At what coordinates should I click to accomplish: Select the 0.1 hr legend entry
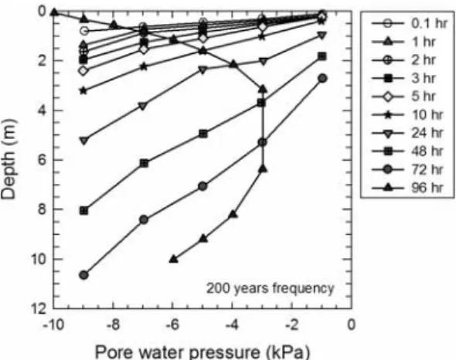tap(409, 23)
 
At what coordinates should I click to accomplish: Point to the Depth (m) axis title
tap(9, 159)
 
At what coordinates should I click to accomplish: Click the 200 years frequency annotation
tap(271, 288)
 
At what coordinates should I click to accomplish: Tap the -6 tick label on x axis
tap(172, 324)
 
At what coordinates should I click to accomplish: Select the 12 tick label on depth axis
tap(39, 309)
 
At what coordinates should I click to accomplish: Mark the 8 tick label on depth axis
tap(43, 209)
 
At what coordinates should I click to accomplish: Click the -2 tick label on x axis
tap(291, 324)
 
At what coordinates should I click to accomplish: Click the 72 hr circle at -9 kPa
tap(83, 275)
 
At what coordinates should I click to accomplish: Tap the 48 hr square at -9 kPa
tap(83, 211)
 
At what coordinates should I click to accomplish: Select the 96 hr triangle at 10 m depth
tap(173, 259)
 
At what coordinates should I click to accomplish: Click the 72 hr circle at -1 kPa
tap(322, 78)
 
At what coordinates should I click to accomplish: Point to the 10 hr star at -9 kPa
tap(83, 90)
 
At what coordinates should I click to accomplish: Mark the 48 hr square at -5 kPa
tap(203, 134)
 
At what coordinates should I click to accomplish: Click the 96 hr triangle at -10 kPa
tap(54, 12)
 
